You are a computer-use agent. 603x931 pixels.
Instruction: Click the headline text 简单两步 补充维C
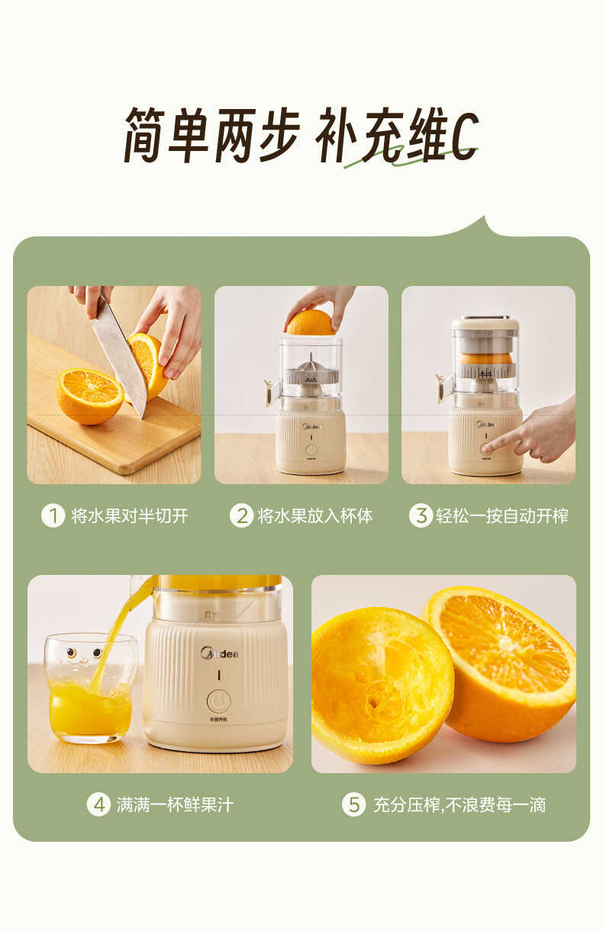(301, 135)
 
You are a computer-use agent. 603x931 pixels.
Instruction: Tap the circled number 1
(52, 516)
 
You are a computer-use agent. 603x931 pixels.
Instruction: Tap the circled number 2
(240, 516)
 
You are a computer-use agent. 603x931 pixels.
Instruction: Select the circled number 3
(421, 516)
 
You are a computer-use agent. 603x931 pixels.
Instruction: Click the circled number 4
(98, 804)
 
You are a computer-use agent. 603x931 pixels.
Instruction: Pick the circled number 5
(353, 804)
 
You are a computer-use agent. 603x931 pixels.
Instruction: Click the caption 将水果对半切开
(129, 516)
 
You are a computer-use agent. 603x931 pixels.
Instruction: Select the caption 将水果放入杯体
(315, 516)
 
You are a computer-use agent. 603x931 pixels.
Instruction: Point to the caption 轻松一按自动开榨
(501, 516)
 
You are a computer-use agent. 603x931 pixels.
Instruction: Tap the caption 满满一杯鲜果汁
(175, 804)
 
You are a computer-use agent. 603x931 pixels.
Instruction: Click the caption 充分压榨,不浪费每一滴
(459, 804)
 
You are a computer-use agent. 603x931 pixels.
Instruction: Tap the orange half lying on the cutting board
(89, 394)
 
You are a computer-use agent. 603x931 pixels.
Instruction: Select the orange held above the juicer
(310, 323)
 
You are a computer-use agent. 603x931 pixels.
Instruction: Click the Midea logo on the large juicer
(219, 653)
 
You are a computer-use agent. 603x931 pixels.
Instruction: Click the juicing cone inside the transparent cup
(310, 369)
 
